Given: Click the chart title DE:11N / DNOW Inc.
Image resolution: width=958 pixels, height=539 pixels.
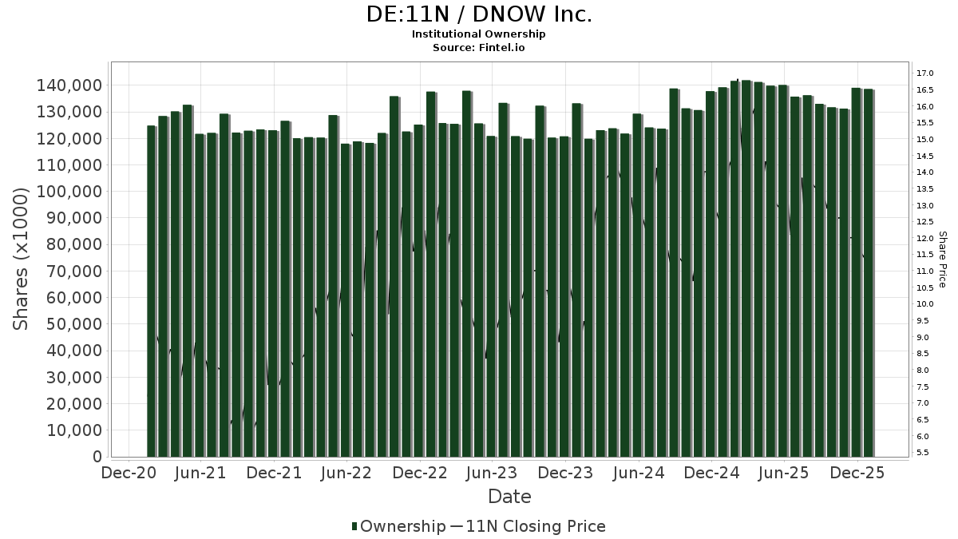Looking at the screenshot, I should click(479, 14).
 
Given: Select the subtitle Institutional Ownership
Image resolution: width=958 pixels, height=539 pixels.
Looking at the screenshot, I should click(479, 34).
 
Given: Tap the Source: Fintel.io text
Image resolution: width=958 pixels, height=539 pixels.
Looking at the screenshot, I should click(479, 48).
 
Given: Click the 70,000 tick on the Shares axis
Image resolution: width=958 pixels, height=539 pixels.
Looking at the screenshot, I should click(74, 271).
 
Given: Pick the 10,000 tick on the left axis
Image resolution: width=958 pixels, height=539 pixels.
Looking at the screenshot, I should click(74, 430).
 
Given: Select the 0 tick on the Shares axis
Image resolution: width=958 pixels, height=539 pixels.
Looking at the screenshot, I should click(97, 457).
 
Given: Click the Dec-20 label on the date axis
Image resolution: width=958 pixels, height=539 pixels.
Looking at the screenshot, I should click(128, 473).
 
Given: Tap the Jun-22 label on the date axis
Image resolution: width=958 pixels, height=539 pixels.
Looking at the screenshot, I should click(347, 473).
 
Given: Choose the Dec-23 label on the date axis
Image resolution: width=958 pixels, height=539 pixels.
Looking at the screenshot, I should click(565, 473).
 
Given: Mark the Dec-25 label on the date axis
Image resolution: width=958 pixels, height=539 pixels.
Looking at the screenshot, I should click(857, 473).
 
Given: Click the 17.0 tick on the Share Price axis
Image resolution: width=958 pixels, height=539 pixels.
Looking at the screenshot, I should click(925, 73).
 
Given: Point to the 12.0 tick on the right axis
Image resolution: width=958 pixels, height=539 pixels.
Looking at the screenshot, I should click(925, 239).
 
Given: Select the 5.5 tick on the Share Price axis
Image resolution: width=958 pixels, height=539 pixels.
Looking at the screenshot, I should click(925, 453).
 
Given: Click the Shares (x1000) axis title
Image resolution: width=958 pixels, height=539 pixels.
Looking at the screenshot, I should click(22, 259).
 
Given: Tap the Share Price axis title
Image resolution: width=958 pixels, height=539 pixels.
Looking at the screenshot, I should click(943, 259).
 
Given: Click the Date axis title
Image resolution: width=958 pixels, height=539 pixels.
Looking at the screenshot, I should click(509, 497).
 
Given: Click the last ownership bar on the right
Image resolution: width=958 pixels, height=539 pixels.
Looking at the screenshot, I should click(868, 272).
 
